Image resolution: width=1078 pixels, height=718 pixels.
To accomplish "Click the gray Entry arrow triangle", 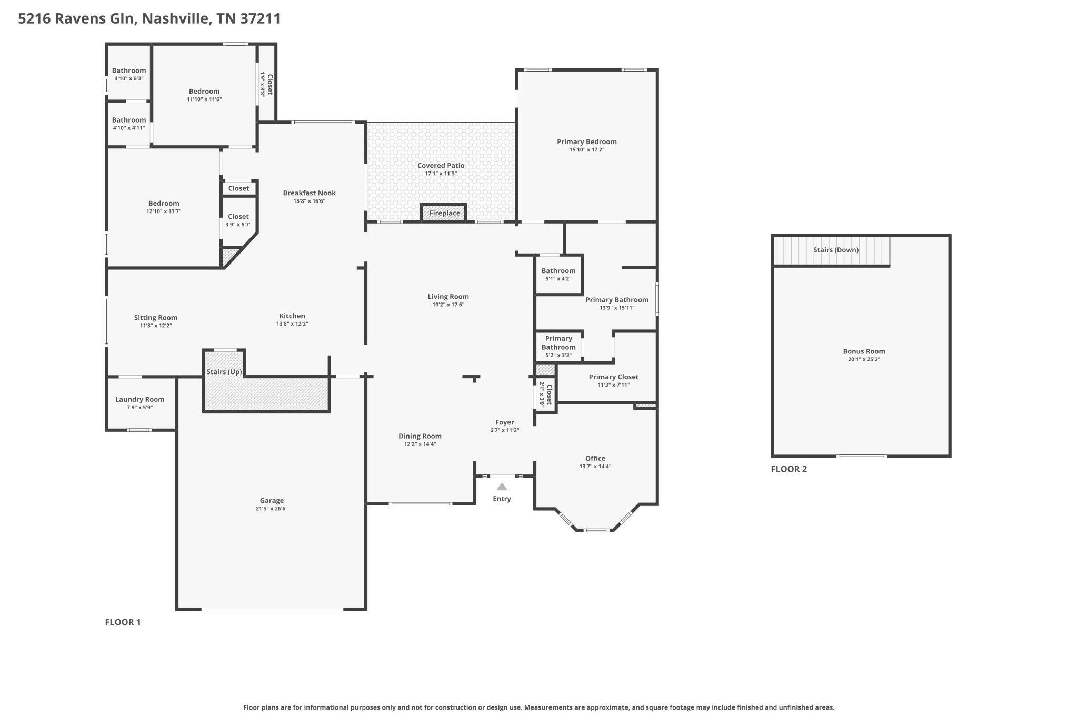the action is pos(502,487).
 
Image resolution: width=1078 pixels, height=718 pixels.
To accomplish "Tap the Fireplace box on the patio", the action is pos(444,213).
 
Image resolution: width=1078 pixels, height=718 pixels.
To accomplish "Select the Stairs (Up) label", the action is pos(224,372).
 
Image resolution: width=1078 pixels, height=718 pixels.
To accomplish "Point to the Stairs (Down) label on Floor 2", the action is pos(836,250).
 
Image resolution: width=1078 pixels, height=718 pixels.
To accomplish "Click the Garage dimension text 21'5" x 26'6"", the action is pos(272,509).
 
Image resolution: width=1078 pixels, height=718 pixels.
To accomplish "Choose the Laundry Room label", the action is pos(140,399).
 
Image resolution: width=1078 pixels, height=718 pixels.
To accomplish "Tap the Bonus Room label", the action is pos(864,351).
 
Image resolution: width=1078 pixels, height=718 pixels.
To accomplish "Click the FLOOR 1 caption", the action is pos(123,622).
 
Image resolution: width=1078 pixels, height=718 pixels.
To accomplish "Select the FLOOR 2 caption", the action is pos(788,469).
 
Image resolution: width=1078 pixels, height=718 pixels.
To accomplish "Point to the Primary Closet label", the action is pos(614,377).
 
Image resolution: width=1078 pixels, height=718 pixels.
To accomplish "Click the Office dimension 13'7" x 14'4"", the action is pos(595,467).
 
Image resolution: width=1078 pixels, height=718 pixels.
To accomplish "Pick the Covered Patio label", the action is pos(441,165).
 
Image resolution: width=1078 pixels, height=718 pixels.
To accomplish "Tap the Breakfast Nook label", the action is pos(310,193).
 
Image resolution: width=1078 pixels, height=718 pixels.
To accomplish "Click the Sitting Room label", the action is pos(156,318).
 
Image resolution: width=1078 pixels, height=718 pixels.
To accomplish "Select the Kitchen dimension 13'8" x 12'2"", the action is pos(292,324).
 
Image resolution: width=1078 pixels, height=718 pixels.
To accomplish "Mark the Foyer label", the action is pos(504,422).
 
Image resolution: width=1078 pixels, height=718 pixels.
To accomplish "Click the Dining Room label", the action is pos(420,436).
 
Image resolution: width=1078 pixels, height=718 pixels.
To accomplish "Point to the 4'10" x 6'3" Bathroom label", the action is pos(129,70).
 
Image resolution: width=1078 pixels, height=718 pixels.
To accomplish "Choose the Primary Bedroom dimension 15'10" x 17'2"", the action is pos(587,150).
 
